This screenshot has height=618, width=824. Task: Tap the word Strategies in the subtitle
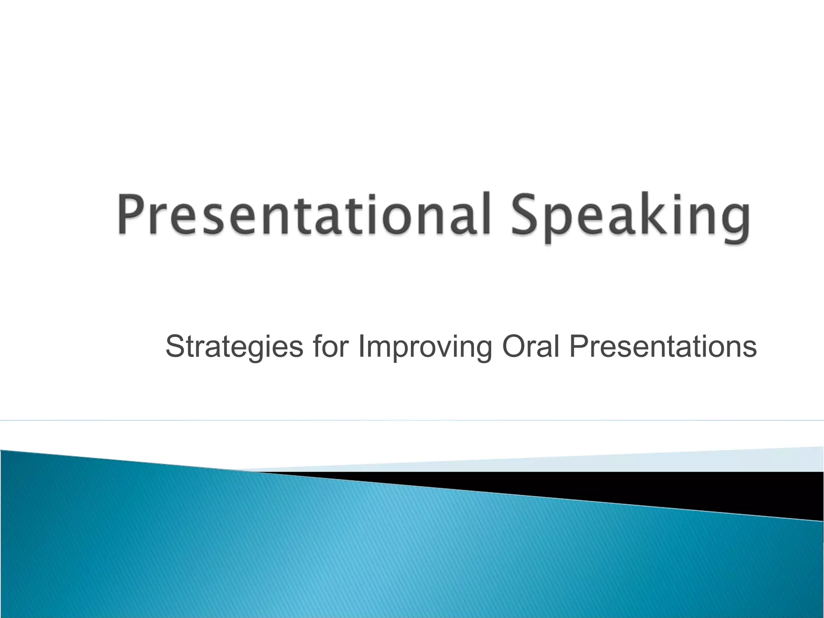point(234,347)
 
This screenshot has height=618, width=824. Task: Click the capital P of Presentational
point(131,214)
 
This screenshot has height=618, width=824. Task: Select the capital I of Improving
point(360,346)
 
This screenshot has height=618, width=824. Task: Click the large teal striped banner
point(362,555)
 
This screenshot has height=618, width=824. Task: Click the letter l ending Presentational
point(485,212)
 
